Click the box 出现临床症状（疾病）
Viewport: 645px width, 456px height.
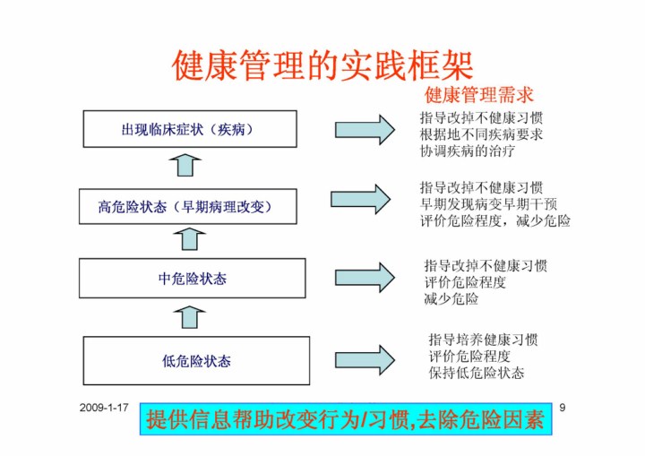(x=189, y=129)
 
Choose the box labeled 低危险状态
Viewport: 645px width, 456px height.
(x=196, y=360)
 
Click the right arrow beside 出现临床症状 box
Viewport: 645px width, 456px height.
(x=365, y=129)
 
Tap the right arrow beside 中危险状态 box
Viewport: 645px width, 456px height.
(x=365, y=277)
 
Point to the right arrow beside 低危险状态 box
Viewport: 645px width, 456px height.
(x=365, y=358)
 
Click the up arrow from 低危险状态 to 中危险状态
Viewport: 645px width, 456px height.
(x=191, y=316)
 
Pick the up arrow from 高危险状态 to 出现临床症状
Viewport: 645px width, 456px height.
(x=185, y=164)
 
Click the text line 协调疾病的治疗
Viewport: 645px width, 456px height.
(x=468, y=151)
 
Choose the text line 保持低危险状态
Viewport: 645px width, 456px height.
(x=476, y=373)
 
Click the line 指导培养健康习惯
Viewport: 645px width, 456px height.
(x=483, y=340)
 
